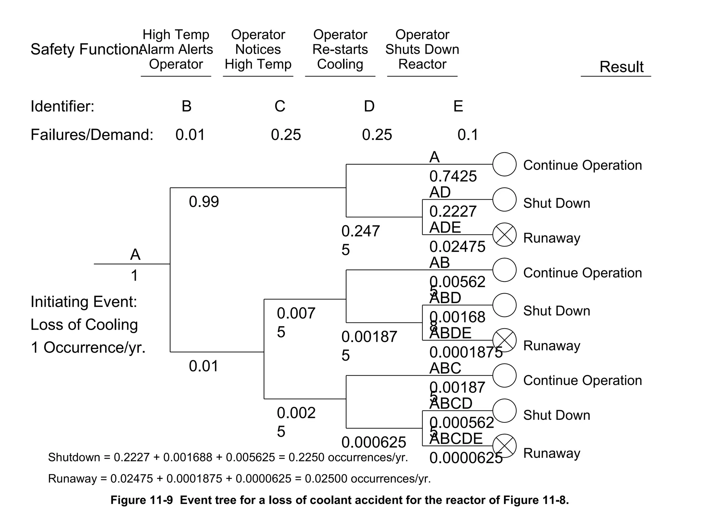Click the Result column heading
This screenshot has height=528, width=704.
point(621,67)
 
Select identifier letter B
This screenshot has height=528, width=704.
point(186,106)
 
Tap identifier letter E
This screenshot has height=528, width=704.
point(458,106)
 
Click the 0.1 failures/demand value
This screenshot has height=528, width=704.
point(467,135)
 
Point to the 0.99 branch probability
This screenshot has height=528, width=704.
point(203,202)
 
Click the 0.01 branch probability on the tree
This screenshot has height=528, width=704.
point(203,366)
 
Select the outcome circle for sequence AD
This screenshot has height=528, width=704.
point(504,199)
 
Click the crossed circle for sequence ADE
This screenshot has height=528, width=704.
point(504,235)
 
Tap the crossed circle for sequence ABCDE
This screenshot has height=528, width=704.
point(504,446)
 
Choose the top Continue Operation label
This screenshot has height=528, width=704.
point(582,165)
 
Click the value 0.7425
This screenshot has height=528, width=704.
point(453,176)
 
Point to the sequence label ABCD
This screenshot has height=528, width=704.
point(451,403)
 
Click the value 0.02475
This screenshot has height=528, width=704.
point(457,247)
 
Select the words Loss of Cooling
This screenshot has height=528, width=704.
point(84,325)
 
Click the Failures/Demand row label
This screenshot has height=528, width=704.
point(92,135)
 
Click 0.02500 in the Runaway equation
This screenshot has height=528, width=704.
point(326,478)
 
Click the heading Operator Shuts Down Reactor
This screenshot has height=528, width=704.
point(422,49)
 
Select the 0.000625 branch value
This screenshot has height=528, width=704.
point(373,442)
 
